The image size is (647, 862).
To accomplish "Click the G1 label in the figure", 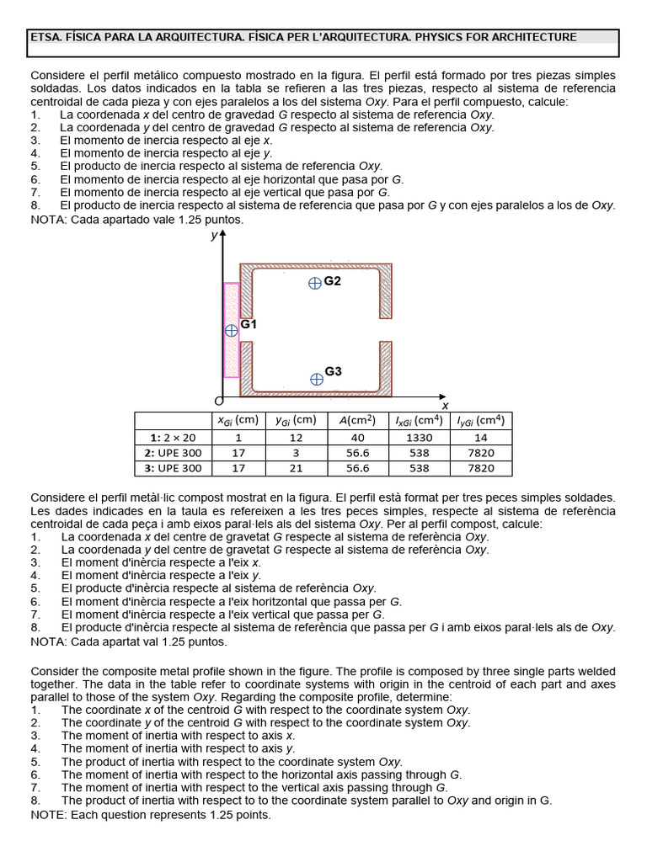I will (x=249, y=324).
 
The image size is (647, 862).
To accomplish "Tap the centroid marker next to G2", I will (x=314, y=283).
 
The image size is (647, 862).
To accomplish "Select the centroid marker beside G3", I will (x=316, y=379).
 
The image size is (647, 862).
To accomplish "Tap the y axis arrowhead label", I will (x=214, y=236).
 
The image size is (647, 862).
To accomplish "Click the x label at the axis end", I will (x=445, y=405).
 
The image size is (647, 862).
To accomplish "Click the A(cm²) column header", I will (x=357, y=420).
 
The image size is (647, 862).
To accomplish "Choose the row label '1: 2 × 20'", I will (x=172, y=437).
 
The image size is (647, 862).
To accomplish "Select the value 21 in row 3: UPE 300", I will (x=296, y=468).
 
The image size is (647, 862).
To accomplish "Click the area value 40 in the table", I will (x=357, y=437).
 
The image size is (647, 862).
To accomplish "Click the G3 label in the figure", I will (x=334, y=371).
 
